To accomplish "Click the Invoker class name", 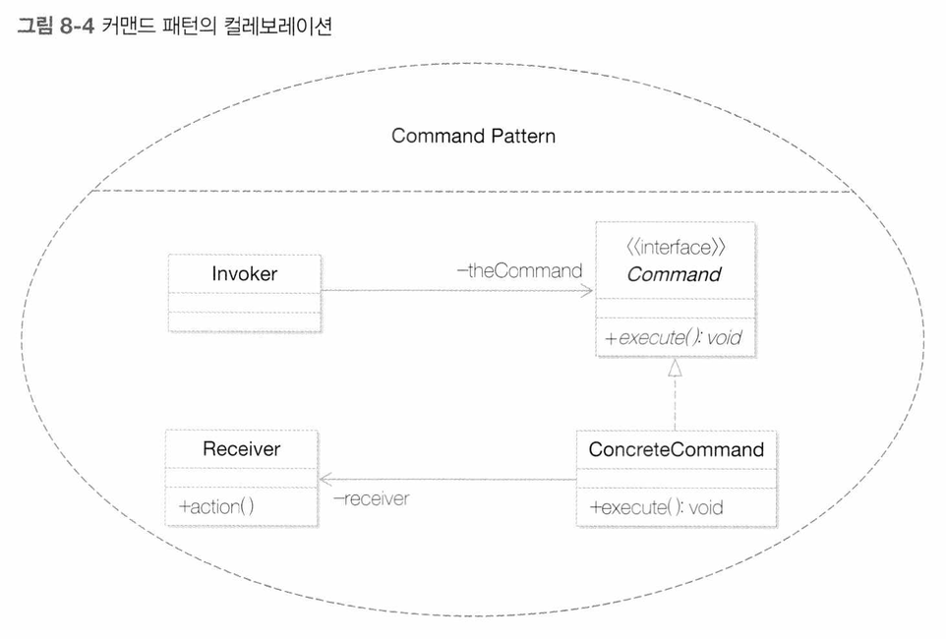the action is pos(244,274).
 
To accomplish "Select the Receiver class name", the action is pos(241,449).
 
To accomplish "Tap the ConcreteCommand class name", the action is pos(677,449).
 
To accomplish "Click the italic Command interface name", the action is pos(674,274).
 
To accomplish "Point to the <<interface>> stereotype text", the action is pos(676,248).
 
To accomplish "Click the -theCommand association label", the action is pos(519,271).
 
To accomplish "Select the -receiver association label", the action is pos(372,499).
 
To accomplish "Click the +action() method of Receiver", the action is pos(216,506).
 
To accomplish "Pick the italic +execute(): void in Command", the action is pos(674,337).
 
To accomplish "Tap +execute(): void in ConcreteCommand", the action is pos(657,507).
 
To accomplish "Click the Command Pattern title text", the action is pos(474,136).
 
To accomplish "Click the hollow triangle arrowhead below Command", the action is pos(676,368).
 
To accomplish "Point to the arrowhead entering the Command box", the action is pos(586,291).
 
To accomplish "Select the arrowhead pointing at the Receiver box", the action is pos(326,480).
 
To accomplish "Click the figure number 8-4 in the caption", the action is pos(78,27).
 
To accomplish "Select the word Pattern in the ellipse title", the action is pos(523,136).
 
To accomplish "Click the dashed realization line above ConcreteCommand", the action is pos(676,404).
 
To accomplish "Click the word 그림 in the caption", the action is pos(35,27).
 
